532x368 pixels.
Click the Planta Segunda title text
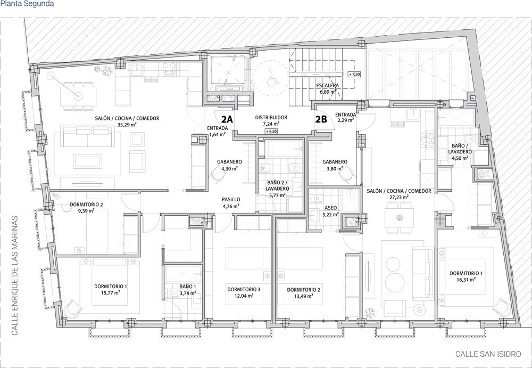27,4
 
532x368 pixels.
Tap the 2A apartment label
227,119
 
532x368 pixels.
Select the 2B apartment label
321,119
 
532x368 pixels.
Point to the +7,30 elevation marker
355,75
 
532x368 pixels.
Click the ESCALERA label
326,85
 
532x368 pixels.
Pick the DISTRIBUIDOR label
271,117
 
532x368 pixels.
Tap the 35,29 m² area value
127,125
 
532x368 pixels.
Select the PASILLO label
231,199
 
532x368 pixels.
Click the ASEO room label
330,208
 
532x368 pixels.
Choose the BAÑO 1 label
188,286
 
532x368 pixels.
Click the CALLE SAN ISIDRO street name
488,354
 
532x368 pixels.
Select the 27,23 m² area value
399,197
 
